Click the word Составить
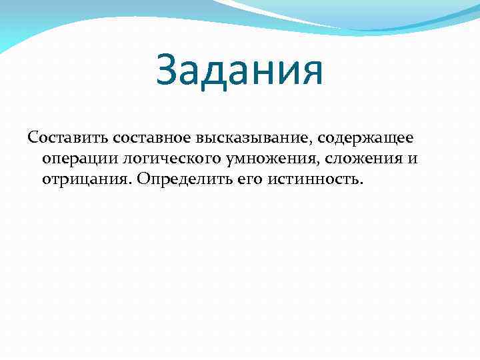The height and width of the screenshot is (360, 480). pos(68,137)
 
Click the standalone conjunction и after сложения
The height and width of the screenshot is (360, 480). pos(413,159)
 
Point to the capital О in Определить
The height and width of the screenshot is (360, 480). pos(143,180)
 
